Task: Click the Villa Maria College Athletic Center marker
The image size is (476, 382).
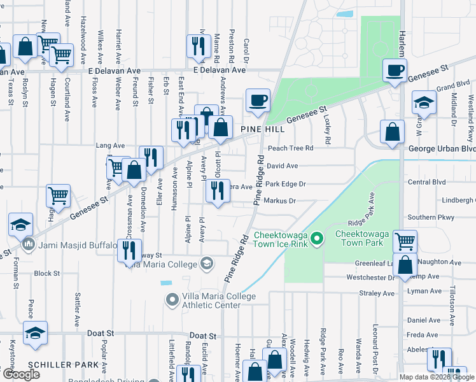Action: pos(172,299)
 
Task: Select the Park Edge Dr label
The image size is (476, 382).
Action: pos(286,184)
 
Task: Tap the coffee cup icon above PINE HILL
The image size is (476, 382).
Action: pos(258,101)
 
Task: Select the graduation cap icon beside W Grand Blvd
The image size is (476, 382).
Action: pos(423,103)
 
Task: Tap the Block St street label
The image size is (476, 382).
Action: pos(47,273)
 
